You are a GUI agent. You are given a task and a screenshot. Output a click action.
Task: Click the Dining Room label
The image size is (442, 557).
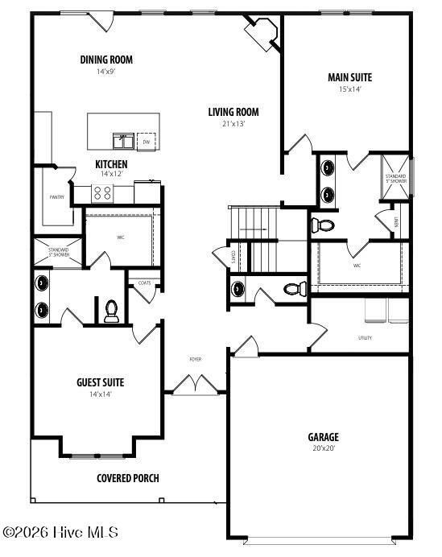coord(106,60)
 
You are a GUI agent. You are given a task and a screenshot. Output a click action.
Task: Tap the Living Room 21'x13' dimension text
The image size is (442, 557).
coord(233,124)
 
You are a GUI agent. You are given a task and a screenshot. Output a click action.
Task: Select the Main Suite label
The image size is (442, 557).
coord(349,78)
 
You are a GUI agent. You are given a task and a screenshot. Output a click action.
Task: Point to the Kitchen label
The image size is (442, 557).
coord(111,164)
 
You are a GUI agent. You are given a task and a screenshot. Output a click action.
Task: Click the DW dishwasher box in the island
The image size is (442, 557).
coord(147,142)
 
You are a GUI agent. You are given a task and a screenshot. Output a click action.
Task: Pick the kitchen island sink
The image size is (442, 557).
coord(123,141)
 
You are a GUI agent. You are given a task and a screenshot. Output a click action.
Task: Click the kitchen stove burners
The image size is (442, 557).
coord(104,192)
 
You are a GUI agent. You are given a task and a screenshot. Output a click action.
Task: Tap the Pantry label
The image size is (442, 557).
coord(56,196)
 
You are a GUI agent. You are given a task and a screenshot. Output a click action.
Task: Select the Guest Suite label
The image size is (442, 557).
coord(101,382)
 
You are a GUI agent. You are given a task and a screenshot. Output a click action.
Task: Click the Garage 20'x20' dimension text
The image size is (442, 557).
coord(323,448)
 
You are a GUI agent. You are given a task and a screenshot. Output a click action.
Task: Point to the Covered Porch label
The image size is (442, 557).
coord(128,478)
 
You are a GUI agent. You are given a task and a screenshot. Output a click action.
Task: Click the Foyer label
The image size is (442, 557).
coord(195,359)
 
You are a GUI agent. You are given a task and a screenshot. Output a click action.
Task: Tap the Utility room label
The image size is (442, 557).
coord(365,338)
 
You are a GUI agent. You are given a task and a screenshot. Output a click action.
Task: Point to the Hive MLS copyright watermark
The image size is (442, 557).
coord(61,532)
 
